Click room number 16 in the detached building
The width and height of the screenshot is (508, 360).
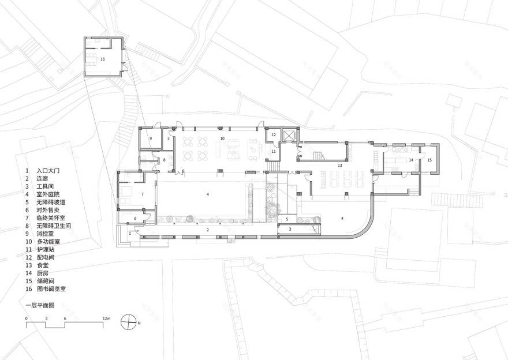coord(103,59)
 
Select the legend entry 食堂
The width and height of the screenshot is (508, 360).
coord(43,265)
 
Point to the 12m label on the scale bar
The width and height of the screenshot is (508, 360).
coord(107,318)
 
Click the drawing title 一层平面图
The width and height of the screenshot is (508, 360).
coord(39,303)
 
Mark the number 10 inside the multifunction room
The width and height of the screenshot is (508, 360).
coord(222,139)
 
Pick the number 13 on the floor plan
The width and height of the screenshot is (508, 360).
coord(340,166)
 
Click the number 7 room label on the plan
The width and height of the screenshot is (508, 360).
coord(142,194)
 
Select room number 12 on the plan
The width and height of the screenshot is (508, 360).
coord(274,135)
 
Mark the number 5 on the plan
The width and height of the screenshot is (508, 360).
coord(286,219)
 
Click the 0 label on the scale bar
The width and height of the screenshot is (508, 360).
coord(27,318)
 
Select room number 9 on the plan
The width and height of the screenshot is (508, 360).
coord(151,139)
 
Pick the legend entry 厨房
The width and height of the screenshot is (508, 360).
coord(43,273)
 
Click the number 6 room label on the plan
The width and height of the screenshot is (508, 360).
coord(136,219)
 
